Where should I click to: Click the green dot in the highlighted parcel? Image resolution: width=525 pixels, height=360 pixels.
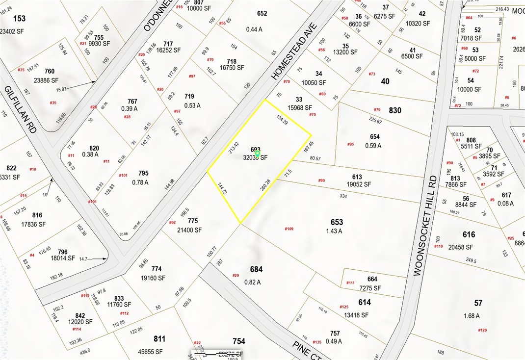tap(257, 154)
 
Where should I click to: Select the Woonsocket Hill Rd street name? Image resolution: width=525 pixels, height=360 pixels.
tap(425, 226)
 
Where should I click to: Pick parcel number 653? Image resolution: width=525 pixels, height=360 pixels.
tap(337, 222)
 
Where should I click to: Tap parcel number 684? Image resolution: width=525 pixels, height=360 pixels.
tap(256, 269)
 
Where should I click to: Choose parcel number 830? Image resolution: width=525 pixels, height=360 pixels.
tap(394, 111)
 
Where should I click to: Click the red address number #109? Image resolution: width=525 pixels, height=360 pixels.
tap(289, 229)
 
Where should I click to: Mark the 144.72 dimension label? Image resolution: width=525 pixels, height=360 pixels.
tap(222, 189)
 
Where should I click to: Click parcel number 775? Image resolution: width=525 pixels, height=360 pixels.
tap(192, 221)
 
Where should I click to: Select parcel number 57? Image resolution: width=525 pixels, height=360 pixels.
tap(478, 303)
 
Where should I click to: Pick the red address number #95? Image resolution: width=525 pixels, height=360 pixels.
tap(350, 144)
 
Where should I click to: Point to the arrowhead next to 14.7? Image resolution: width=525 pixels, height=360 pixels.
tap(105, 258)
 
